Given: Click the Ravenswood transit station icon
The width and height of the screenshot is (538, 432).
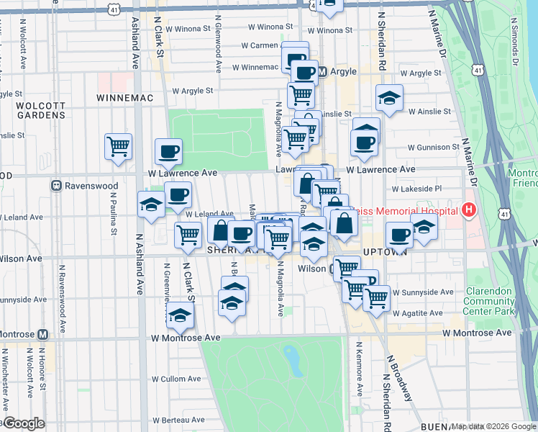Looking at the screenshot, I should [56, 186].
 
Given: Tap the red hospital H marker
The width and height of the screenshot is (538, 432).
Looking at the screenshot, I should [469, 211].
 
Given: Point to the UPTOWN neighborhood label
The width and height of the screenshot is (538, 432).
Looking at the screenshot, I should [386, 252].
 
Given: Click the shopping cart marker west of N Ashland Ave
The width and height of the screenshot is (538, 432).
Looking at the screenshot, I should [118, 146].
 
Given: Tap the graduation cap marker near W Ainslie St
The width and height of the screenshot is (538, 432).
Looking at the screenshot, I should [389, 98].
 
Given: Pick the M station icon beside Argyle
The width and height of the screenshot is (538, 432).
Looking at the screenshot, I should [323, 72].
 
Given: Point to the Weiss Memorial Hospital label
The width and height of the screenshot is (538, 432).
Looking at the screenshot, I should [421, 211].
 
